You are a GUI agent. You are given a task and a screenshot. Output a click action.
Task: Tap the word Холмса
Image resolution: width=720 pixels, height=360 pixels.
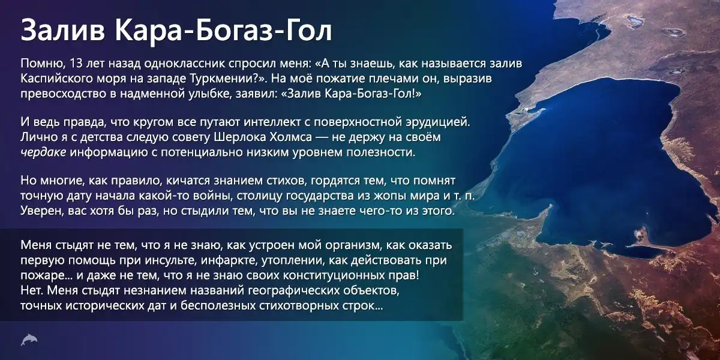(x=291, y=137)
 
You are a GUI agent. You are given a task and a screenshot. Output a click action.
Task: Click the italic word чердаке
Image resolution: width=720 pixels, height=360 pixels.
(x=43, y=152)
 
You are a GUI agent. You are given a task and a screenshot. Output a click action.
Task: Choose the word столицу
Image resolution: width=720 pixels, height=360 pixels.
(x=259, y=196)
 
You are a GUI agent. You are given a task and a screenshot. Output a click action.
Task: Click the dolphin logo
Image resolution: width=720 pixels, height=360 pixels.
(x=29, y=340)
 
